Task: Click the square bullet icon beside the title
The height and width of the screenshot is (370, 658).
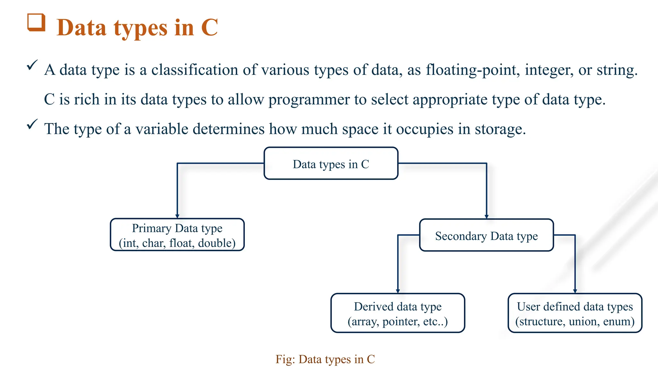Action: pyautogui.click(x=36, y=22)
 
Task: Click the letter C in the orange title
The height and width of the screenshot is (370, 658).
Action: pyautogui.click(x=209, y=28)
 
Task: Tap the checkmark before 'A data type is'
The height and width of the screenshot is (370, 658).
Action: pyautogui.click(x=32, y=65)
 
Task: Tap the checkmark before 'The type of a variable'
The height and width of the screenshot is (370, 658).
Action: pyautogui.click(x=32, y=124)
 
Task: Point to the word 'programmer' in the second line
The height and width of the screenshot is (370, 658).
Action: pyautogui.click(x=309, y=100)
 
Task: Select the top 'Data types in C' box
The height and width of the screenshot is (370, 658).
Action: pyautogui.click(x=331, y=163)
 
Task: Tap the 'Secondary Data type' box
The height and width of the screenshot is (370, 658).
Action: pyautogui.click(x=486, y=236)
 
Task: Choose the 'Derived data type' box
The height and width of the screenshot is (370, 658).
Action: pyautogui.click(x=398, y=313)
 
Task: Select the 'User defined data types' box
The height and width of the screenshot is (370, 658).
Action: pyautogui.click(x=575, y=313)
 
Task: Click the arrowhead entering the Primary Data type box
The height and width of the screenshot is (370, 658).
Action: pyautogui.click(x=177, y=216)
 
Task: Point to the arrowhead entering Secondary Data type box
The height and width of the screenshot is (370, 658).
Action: pyautogui.click(x=486, y=217)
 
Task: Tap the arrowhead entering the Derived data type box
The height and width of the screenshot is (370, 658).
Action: pyautogui.click(x=398, y=291)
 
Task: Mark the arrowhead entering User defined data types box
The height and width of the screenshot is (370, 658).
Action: pyautogui.click(x=575, y=291)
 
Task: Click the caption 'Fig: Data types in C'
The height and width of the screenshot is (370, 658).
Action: pyautogui.click(x=325, y=359)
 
